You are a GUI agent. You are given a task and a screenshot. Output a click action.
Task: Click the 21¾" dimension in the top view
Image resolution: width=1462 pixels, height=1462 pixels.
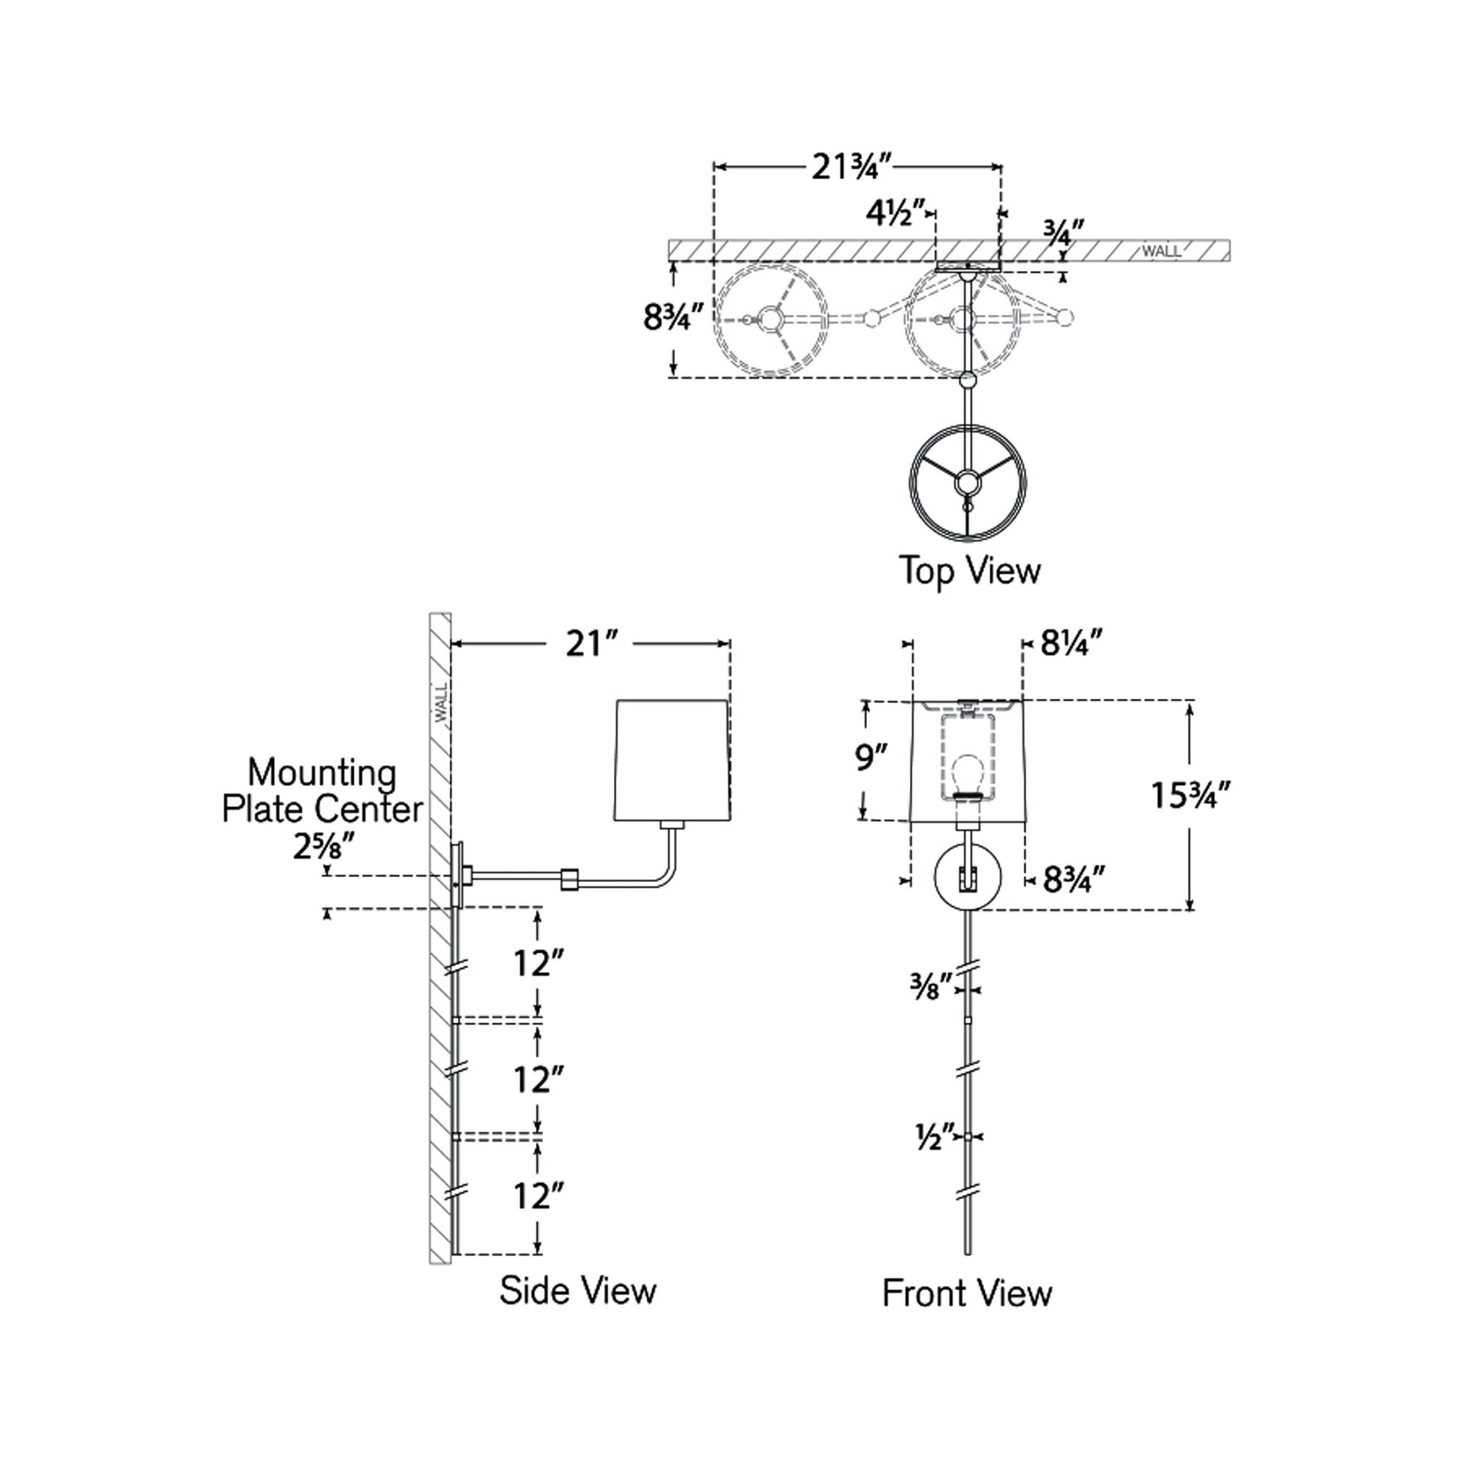click(852, 168)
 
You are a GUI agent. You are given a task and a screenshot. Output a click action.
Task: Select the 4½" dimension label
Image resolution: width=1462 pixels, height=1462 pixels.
click(896, 214)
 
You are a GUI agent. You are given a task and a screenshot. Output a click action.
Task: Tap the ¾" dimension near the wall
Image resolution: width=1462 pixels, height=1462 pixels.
click(1064, 231)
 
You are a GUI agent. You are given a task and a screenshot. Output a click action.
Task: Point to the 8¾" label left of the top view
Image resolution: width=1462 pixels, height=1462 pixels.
click(672, 318)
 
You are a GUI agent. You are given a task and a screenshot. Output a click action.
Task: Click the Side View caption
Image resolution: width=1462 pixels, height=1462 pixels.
click(578, 1290)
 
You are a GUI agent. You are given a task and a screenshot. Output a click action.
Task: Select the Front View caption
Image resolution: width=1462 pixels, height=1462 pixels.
click(966, 1293)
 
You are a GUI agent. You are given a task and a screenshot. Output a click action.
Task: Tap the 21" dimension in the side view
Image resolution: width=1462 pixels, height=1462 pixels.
click(593, 645)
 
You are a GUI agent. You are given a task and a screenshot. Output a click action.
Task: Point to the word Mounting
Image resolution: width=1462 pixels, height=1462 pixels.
click(322, 773)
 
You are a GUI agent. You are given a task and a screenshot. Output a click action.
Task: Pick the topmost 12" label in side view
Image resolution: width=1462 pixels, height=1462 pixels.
click(539, 964)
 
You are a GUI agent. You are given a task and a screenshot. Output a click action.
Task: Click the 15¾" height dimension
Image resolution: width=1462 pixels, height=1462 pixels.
click(1190, 796)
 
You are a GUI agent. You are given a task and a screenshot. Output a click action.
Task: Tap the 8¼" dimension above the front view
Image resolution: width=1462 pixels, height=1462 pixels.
click(1070, 644)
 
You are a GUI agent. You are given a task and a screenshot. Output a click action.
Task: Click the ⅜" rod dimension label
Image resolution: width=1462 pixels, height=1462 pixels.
click(930, 986)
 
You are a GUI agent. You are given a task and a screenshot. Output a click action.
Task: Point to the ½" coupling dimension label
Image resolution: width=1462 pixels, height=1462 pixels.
click(929, 1137)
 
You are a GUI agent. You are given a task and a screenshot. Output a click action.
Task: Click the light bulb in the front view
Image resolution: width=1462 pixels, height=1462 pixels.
click(966, 773)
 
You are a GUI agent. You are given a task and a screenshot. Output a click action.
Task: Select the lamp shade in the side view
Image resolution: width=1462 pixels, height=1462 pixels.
click(672, 760)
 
